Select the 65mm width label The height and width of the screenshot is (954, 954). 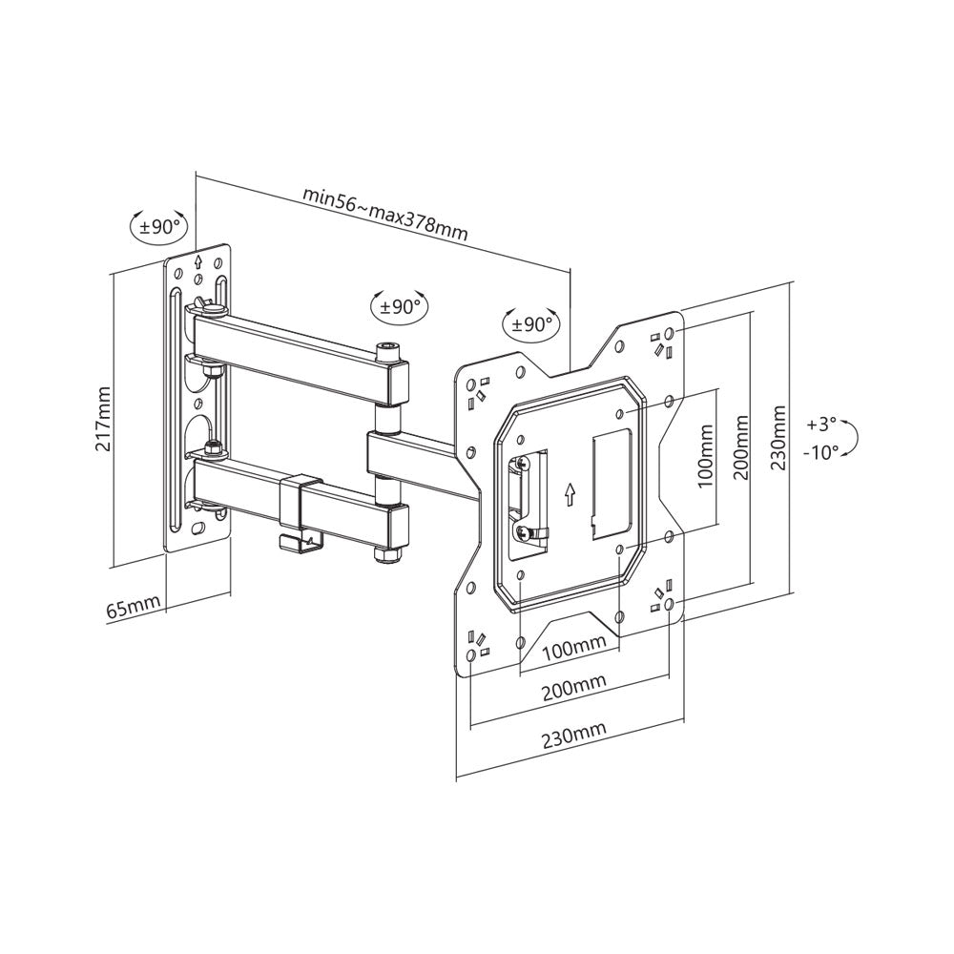(x=133, y=608)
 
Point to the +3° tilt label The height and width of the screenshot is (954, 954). (x=820, y=423)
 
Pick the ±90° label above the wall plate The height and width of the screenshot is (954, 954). (x=159, y=227)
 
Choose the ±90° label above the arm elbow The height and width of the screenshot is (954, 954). (x=400, y=307)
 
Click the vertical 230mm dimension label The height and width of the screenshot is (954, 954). (x=779, y=440)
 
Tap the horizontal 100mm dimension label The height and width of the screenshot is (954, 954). (x=574, y=649)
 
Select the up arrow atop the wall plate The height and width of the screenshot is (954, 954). (x=197, y=260)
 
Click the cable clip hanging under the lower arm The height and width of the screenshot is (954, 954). (x=300, y=540)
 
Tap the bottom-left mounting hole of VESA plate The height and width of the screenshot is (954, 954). (x=471, y=657)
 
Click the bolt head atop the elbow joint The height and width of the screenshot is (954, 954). (x=388, y=350)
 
